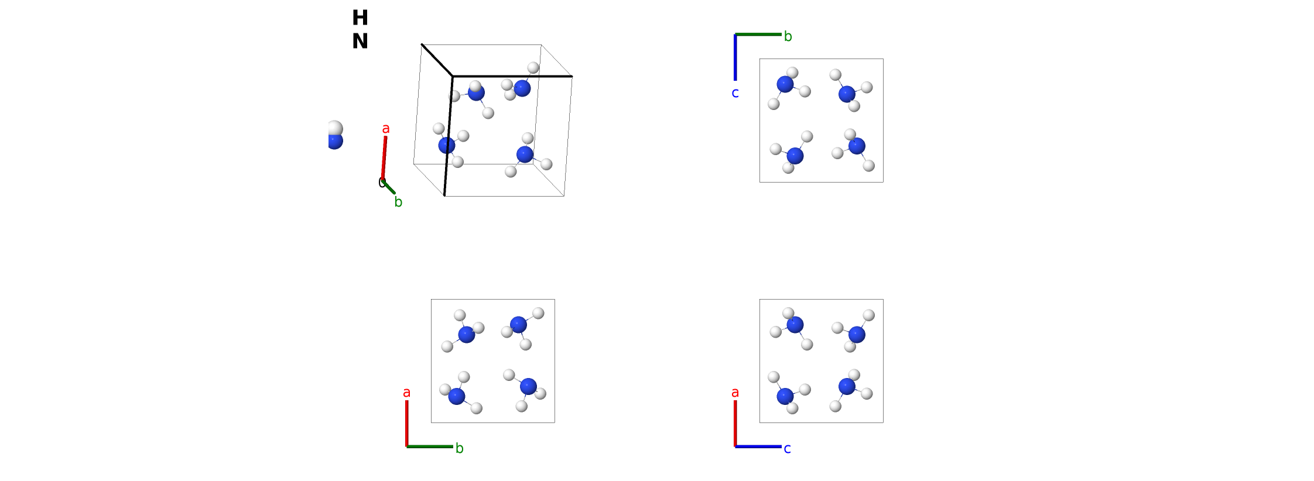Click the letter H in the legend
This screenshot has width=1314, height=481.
360,18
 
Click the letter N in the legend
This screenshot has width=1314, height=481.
360,42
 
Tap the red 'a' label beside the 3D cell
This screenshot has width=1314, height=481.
386,129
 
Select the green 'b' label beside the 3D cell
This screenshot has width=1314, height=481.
398,202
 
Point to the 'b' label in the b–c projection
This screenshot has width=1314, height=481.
788,36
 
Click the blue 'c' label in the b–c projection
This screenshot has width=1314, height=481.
735,93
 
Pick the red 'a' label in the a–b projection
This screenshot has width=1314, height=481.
407,393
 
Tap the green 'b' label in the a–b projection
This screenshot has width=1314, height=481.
460,448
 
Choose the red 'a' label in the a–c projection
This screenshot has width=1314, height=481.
735,393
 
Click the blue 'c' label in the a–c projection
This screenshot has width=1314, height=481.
788,449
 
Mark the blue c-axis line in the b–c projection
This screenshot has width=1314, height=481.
735,57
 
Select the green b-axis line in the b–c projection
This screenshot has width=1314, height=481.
758,35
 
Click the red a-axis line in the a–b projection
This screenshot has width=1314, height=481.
407,424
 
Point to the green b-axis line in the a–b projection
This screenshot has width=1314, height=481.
430,446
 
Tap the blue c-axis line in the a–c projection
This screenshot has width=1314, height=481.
758,446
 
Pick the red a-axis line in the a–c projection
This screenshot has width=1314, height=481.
735,424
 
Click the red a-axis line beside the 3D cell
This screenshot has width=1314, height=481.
384,158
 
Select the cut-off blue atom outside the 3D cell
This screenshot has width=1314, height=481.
335,142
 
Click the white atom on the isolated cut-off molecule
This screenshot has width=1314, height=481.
335,128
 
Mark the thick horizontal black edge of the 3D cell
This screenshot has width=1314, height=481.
512,76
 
